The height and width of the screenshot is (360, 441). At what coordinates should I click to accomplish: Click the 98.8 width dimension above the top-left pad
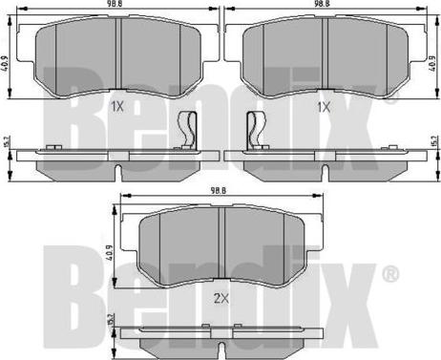[x=115, y=5]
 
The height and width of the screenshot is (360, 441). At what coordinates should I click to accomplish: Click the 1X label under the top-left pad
[x=117, y=108]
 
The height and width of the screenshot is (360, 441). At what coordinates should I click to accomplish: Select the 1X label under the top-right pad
[x=324, y=108]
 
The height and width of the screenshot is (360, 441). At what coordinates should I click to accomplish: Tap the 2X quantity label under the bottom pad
[x=220, y=298]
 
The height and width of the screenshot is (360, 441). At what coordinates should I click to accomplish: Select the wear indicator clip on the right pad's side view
[x=255, y=132]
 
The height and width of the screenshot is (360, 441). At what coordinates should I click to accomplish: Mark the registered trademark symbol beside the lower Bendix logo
[x=391, y=277]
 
